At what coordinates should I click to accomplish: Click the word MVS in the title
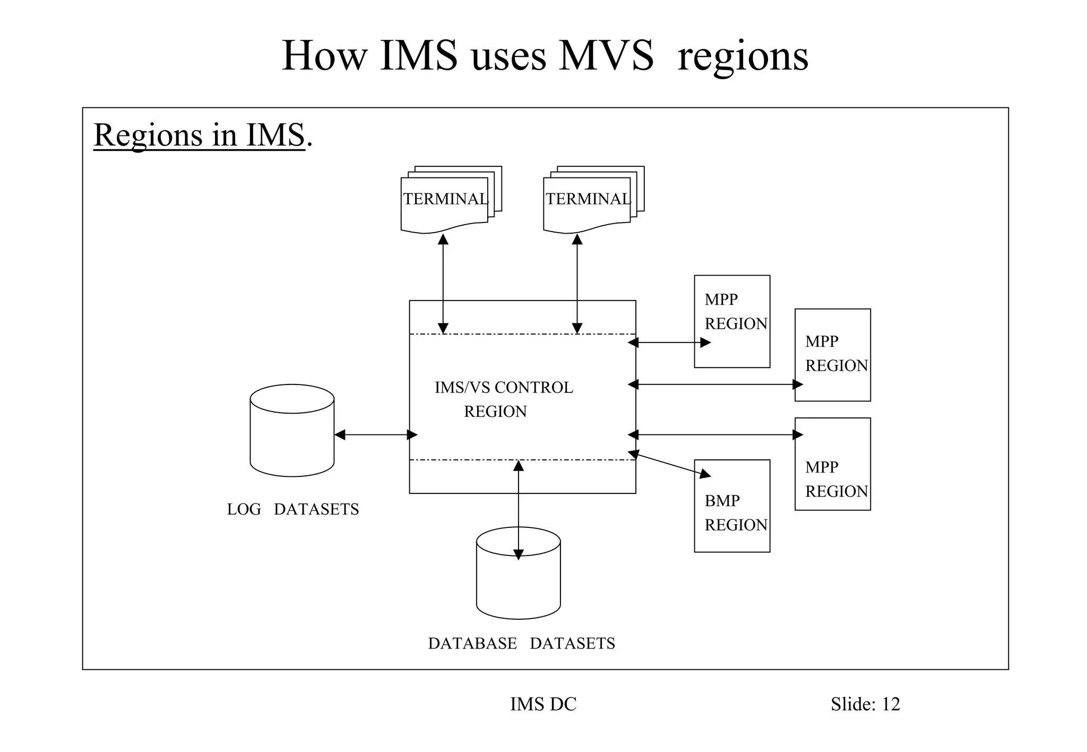(606, 56)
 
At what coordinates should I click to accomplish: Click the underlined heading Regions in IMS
(200, 135)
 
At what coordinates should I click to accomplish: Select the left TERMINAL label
(445, 199)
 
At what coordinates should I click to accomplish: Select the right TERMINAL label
(588, 199)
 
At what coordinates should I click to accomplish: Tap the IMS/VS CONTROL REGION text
(503, 399)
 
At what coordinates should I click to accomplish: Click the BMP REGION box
(732, 506)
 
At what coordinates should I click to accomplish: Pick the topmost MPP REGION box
(732, 321)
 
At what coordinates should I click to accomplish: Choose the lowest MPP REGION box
(832, 464)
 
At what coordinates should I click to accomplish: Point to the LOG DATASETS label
(293, 509)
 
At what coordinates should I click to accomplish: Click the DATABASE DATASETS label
(521, 643)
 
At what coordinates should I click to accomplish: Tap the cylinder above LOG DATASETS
(292, 430)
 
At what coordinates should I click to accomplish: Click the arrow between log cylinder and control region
(376, 435)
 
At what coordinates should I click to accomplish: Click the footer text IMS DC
(543, 704)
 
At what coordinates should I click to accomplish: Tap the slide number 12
(891, 704)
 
